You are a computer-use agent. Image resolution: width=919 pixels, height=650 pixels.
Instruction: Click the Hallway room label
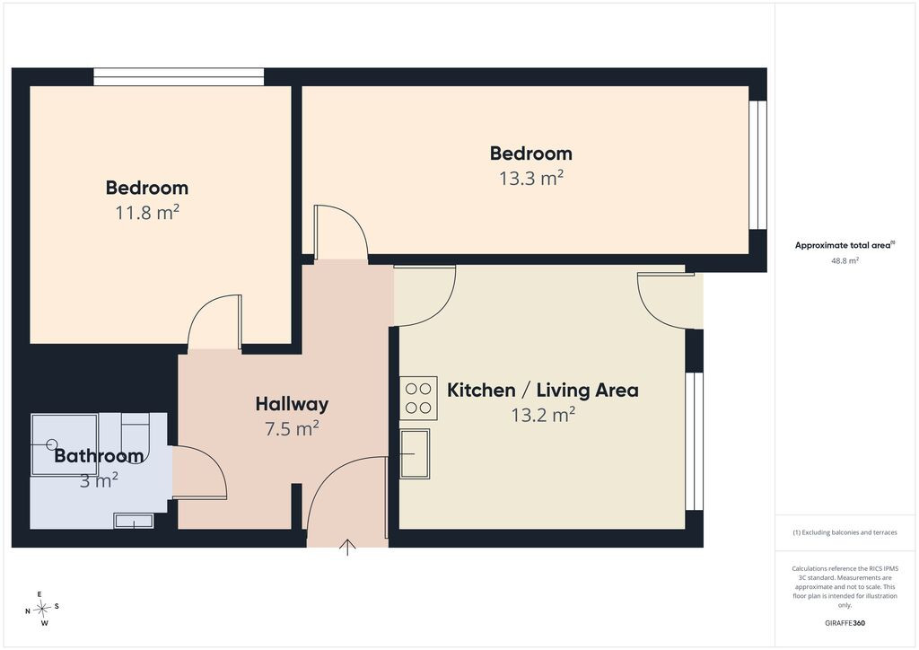pos(292,404)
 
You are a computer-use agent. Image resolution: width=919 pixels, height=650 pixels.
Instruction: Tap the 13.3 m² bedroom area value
pos(531,178)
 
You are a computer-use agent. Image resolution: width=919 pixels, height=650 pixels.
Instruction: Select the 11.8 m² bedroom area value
pos(146,212)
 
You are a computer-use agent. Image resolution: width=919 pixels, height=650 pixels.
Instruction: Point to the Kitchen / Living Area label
pos(543,391)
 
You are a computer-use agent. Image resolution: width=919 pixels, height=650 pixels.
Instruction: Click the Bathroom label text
pos(99,455)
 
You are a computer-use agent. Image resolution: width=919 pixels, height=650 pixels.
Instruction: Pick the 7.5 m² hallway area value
pos(292,429)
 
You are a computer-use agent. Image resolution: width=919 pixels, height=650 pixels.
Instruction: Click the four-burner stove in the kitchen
pos(418,398)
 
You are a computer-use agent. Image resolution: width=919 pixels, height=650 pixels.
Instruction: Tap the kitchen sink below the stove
pos(415,453)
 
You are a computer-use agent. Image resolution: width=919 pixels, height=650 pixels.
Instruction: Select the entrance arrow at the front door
pos(347,547)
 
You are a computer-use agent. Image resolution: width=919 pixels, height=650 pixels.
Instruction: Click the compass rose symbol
pos(42,609)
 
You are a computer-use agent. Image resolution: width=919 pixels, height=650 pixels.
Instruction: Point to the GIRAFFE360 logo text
pos(845,623)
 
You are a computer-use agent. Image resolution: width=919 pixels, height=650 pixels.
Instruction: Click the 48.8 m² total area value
pos(845,261)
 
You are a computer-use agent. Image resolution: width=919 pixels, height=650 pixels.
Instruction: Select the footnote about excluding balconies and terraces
pos(845,532)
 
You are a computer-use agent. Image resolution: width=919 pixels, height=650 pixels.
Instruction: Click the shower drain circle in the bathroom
pos(53,444)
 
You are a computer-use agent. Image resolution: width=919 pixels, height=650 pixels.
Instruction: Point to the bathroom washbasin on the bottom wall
pos(134,521)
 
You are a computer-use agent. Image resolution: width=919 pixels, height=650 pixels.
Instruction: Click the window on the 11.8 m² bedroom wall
pos(179,77)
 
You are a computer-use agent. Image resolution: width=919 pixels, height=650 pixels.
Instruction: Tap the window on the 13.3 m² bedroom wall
pos(757,165)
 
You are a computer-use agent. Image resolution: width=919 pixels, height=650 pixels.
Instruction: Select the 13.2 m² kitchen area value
pos(543,416)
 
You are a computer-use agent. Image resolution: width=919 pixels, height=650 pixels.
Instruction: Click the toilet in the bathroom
pos(136,433)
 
